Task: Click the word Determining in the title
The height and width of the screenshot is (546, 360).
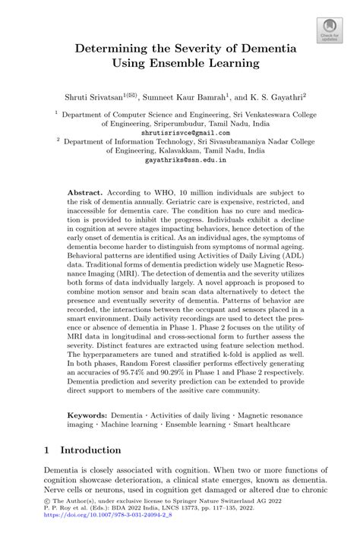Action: [x=109, y=49]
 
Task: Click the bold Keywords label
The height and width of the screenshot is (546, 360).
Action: [x=87, y=416]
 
